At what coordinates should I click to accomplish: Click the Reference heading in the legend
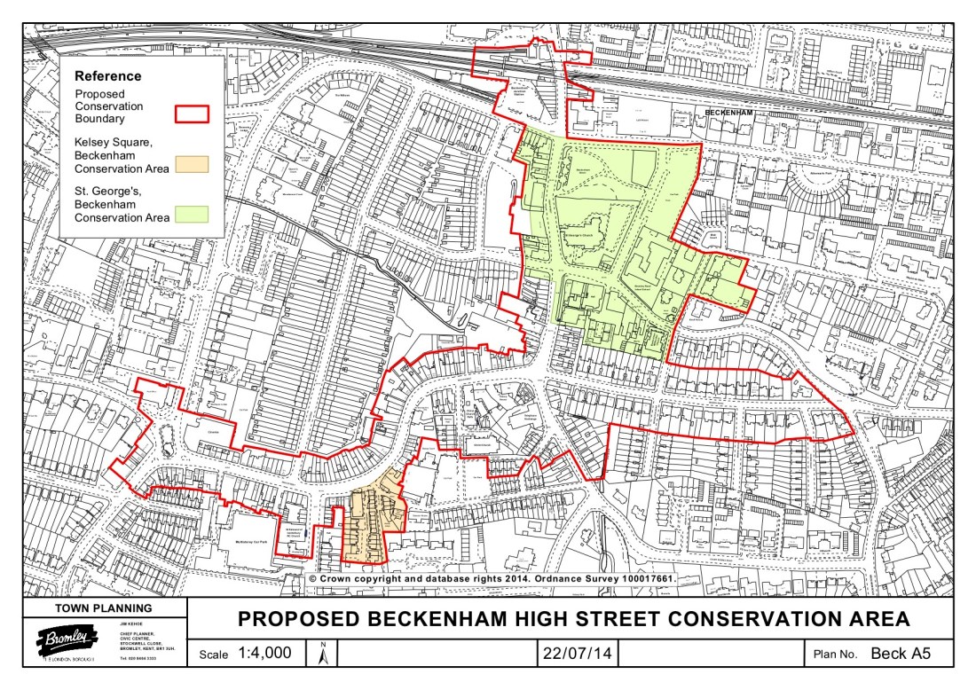[107, 76]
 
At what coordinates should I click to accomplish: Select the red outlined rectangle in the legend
[191, 113]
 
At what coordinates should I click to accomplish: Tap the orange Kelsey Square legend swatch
[191, 163]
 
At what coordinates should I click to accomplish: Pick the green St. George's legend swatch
[191, 214]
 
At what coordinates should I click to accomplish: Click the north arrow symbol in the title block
[323, 655]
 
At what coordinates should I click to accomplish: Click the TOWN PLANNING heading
[104, 608]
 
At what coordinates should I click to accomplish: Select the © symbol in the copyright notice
[312, 578]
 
